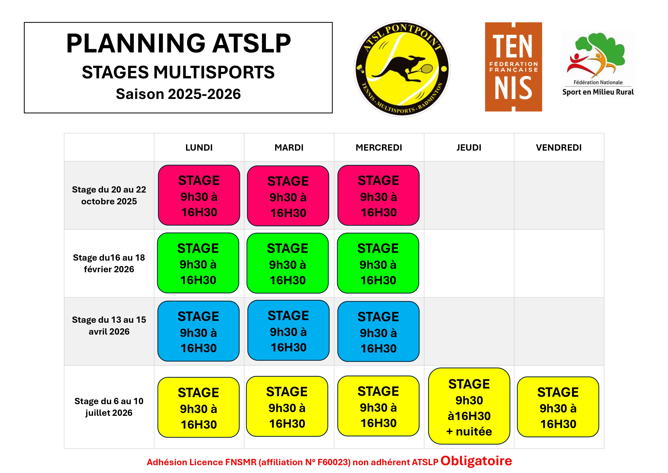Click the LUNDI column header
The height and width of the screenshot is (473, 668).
[x=199, y=148]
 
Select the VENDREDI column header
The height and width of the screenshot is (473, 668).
[x=559, y=148]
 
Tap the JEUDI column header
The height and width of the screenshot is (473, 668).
[x=469, y=148]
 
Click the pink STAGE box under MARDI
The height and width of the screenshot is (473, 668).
[x=288, y=196]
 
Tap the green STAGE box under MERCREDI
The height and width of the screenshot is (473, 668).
[x=378, y=263]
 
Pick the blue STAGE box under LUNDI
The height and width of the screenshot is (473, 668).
[x=198, y=331]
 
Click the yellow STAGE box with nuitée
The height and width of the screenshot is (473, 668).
[x=469, y=406]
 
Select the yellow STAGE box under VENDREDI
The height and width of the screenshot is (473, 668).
[x=558, y=407]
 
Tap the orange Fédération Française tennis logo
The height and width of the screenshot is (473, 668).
[x=514, y=67]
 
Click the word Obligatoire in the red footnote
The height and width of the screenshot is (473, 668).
[x=476, y=461]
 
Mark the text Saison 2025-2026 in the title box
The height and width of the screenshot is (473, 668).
[x=178, y=94]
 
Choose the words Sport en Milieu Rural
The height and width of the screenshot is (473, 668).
[x=598, y=92]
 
